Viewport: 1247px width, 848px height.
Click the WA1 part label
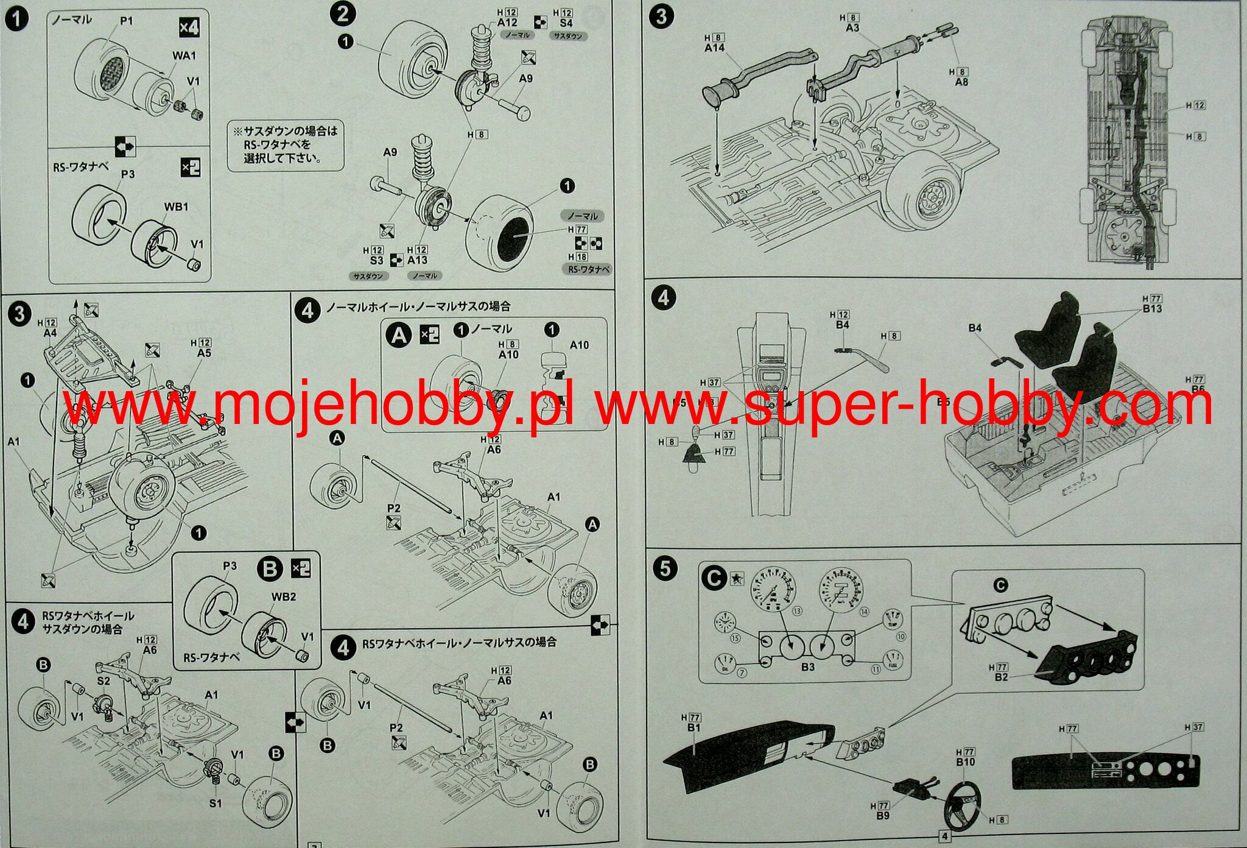(184, 55)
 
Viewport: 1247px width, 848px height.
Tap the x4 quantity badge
(189, 27)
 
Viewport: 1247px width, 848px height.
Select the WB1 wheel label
(176, 207)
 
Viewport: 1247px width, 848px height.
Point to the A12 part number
(507, 23)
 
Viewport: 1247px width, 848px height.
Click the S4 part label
(566, 23)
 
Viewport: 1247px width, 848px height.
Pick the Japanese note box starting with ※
(286, 144)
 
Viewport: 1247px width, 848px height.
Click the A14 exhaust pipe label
(714, 48)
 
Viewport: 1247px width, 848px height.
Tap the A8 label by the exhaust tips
(961, 82)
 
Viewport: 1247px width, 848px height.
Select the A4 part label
(50, 333)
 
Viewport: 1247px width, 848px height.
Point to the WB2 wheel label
(283, 596)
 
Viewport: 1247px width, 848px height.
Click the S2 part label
(104, 680)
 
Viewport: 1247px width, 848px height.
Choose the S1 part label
(216, 803)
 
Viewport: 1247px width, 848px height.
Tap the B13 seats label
(1152, 308)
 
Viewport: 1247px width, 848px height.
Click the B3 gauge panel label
(807, 666)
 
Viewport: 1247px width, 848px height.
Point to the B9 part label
(883, 815)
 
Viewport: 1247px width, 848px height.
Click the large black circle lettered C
(714, 578)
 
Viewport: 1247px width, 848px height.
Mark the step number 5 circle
(664, 568)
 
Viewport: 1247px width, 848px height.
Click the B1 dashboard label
(694, 727)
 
